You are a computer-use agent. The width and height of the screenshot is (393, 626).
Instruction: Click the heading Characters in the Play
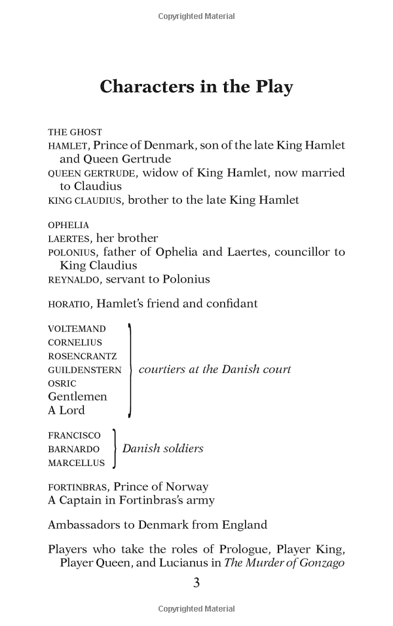click(x=196, y=87)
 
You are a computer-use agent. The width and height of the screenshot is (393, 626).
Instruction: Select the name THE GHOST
click(x=75, y=132)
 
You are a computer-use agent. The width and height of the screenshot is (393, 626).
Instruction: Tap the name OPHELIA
click(x=68, y=225)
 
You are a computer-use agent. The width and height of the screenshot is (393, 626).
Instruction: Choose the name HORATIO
click(x=69, y=304)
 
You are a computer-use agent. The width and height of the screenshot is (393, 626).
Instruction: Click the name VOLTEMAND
click(x=77, y=328)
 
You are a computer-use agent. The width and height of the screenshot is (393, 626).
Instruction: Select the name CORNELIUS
click(x=75, y=342)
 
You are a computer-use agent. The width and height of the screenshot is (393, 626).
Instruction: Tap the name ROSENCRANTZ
click(x=83, y=356)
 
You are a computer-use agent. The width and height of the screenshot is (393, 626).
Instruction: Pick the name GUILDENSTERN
click(x=84, y=370)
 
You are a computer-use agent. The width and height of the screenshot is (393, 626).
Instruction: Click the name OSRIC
click(x=62, y=383)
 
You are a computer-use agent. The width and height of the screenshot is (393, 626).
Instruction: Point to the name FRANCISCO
click(x=74, y=435)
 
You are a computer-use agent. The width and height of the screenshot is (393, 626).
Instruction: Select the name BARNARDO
click(x=73, y=449)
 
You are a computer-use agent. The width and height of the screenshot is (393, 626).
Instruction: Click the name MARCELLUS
click(x=76, y=463)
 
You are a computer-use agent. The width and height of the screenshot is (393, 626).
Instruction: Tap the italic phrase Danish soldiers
click(x=162, y=449)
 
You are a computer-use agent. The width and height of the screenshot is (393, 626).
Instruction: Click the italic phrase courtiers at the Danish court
click(x=215, y=370)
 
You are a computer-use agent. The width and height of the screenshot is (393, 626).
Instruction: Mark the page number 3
click(x=196, y=583)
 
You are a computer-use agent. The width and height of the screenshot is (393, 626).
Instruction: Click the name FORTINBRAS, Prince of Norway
click(x=128, y=487)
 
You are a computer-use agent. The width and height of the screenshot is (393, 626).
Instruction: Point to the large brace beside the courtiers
click(x=130, y=370)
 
